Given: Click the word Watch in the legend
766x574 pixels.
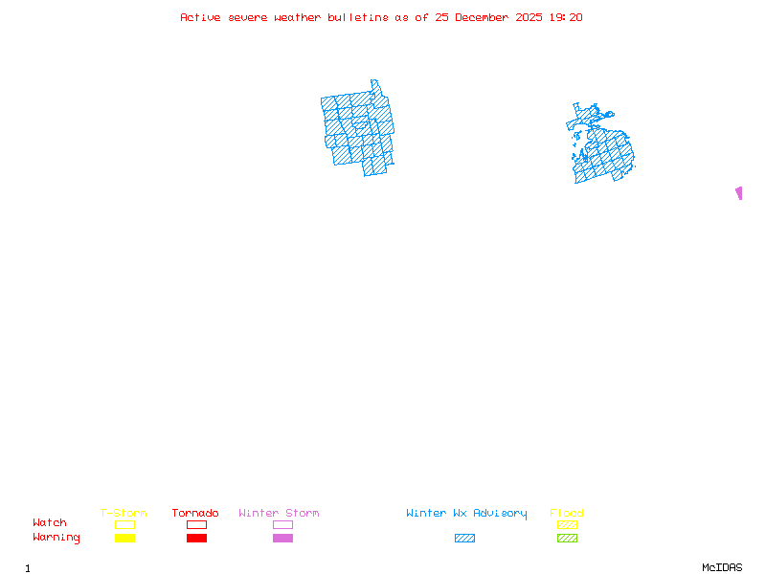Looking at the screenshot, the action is (50, 523).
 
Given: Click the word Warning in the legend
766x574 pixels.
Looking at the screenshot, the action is (56, 538).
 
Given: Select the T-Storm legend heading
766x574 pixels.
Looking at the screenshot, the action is (124, 514).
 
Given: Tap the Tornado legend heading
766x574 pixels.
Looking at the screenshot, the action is (195, 514).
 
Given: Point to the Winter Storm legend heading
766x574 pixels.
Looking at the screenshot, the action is (279, 514).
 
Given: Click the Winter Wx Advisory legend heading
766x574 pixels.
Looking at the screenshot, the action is (466, 514).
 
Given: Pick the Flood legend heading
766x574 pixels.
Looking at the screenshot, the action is (567, 514).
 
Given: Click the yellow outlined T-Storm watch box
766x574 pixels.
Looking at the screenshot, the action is (124, 524).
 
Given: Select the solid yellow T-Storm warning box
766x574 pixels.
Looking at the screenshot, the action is (124, 538).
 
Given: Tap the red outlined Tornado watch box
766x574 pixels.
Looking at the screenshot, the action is (196, 524).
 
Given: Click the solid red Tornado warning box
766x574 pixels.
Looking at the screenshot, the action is (196, 538).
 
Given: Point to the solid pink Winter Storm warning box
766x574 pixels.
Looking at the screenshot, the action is (282, 538).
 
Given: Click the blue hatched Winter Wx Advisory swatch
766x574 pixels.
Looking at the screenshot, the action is (464, 538).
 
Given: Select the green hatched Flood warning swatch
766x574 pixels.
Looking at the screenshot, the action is (567, 538).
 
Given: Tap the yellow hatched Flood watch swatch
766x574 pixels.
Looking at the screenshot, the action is (567, 524).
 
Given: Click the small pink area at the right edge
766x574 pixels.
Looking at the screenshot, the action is (739, 193).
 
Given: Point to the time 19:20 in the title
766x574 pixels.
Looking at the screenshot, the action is (565, 17).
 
